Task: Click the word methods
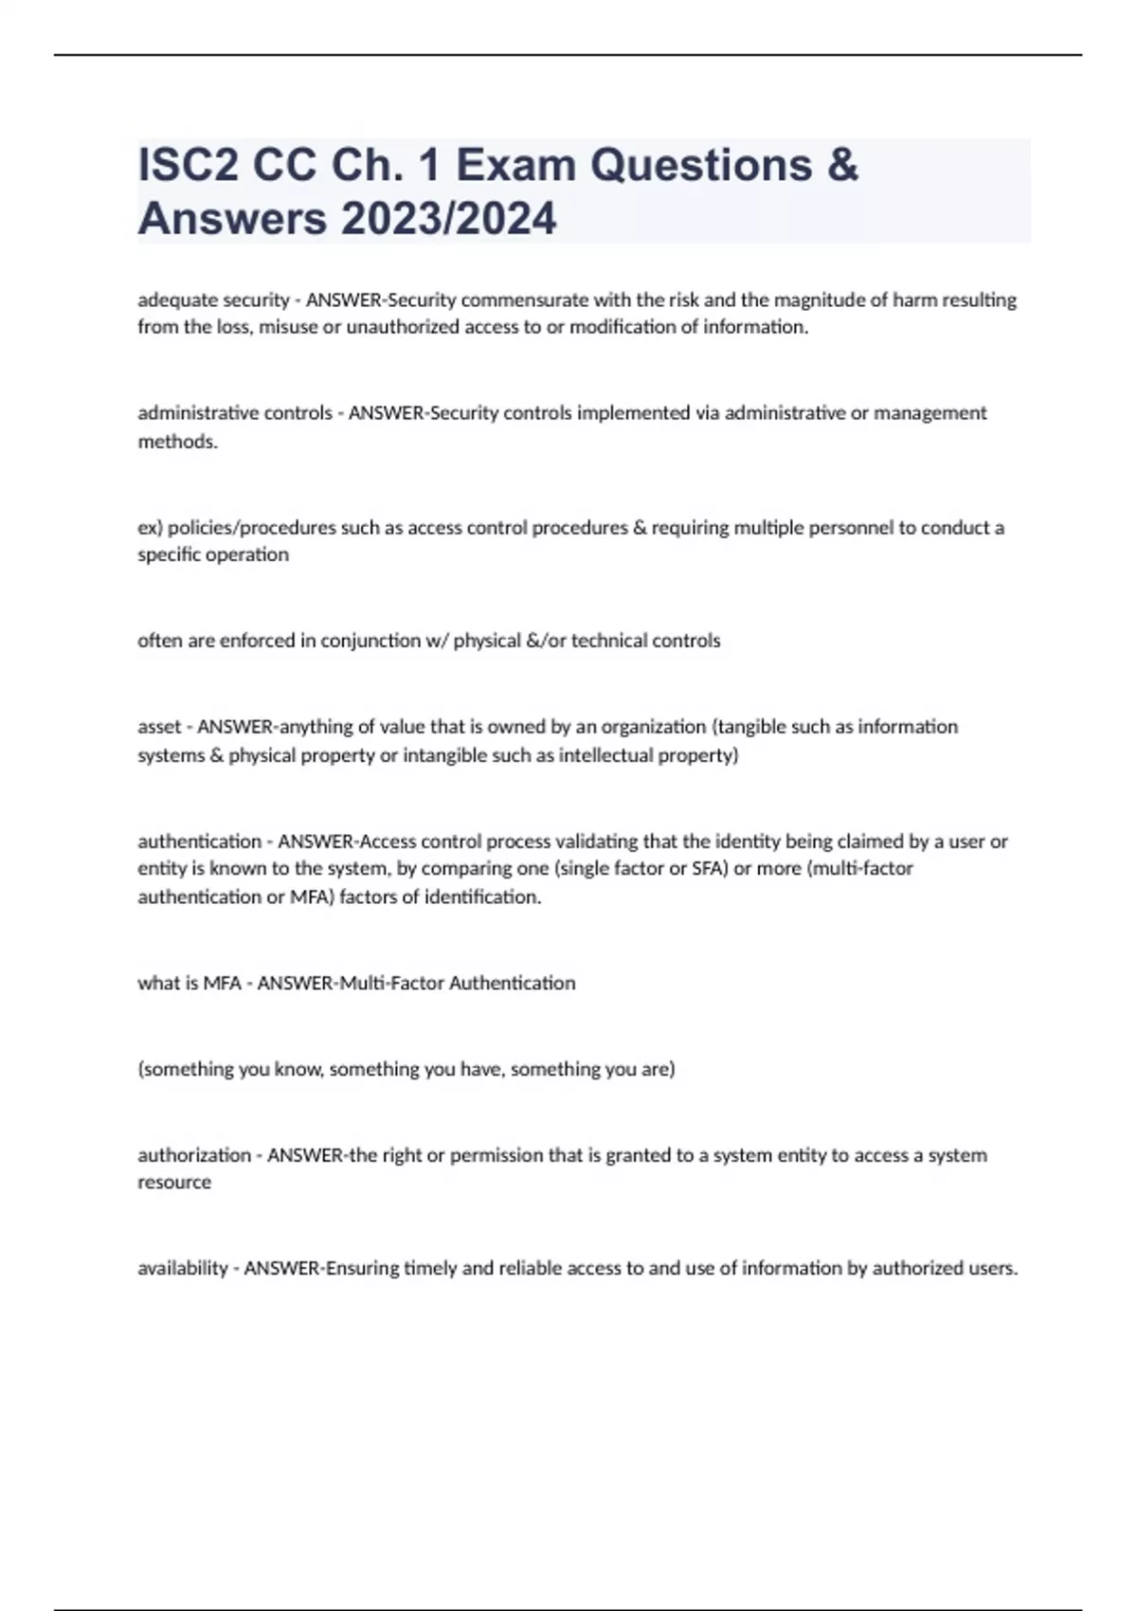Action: point(177,442)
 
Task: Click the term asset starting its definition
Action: point(158,727)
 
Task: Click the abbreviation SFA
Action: point(708,869)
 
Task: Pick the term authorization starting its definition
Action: point(194,1155)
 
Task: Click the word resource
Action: point(174,1183)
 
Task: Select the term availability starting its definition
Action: point(183,1269)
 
